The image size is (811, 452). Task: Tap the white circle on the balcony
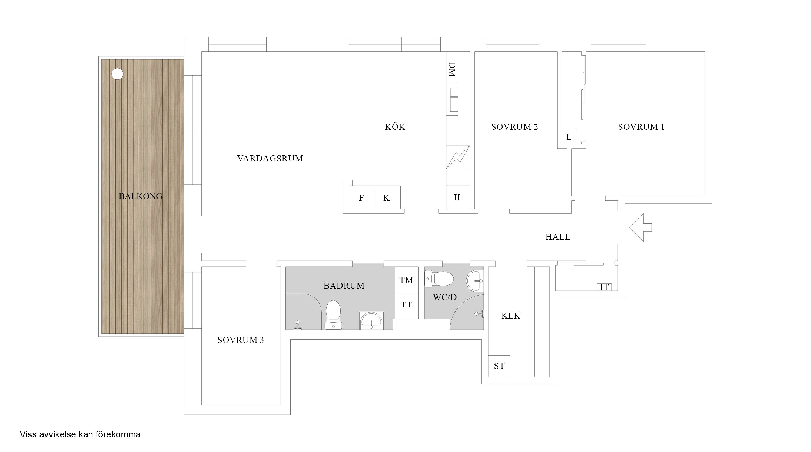point(117,74)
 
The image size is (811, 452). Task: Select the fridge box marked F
point(362,197)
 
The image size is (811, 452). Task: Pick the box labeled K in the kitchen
point(387,197)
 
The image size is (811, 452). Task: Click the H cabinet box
point(457,197)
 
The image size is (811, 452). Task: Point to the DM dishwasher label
point(452,69)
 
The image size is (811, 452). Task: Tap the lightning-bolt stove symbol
point(458,157)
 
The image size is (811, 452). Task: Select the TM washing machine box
point(406,280)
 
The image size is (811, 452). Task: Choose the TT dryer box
point(406,304)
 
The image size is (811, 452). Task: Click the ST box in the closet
point(499,366)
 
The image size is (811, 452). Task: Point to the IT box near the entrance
point(604,287)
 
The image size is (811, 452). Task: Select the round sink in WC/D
point(475,280)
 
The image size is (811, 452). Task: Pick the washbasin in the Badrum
point(371,321)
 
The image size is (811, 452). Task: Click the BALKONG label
point(140,196)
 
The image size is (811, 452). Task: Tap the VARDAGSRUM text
point(270,159)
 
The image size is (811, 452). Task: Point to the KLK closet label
point(511,316)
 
